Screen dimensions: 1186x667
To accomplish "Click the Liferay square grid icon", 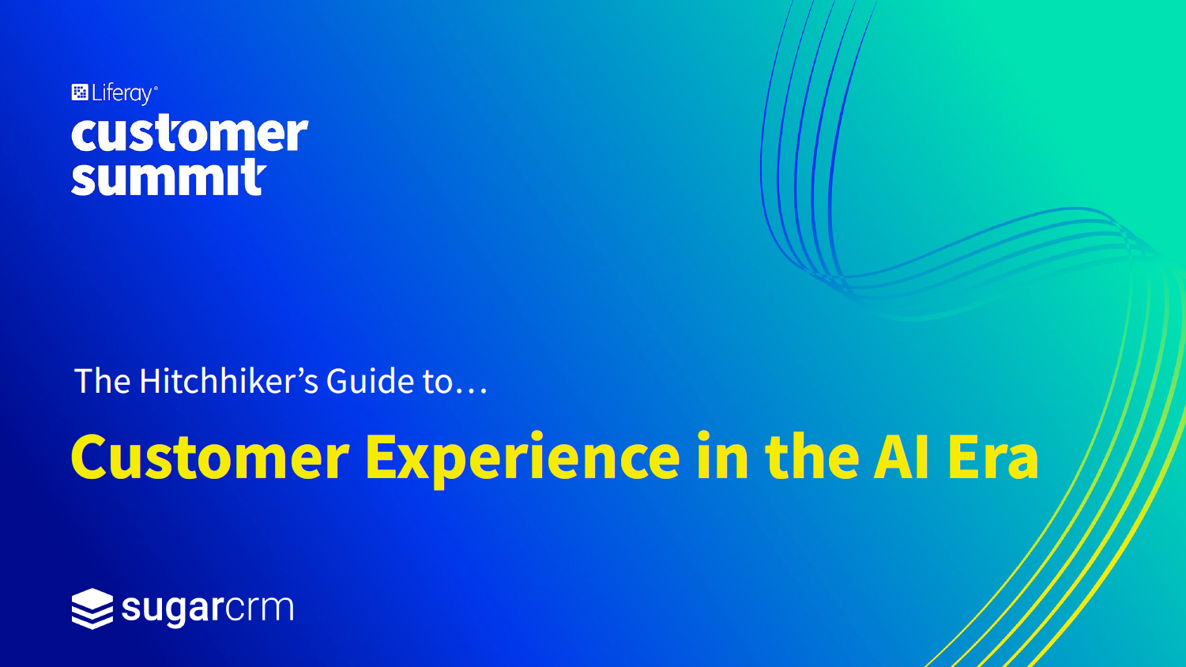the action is tap(80, 92).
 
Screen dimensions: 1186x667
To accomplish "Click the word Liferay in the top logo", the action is tap(122, 94).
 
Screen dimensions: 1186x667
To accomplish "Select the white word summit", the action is tap(168, 177).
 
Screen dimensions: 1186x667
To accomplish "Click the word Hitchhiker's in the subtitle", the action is tap(228, 380).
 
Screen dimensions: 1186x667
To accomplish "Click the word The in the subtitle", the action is tap(103, 380).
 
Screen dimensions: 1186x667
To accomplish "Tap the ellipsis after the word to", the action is tap(471, 390).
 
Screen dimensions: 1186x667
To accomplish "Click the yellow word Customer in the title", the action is tap(210, 456).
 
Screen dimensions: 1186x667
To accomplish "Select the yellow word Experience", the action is tap(522, 458).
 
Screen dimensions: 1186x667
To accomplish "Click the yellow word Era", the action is tap(992, 456).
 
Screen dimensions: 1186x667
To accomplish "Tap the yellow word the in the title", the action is tap(811, 455).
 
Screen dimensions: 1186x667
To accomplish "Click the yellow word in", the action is tap(722, 455).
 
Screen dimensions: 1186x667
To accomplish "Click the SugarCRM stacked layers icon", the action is tap(92, 609).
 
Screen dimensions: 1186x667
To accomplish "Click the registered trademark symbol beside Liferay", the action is tap(155, 88).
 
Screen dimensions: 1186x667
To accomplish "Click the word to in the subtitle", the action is tap(437, 381).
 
